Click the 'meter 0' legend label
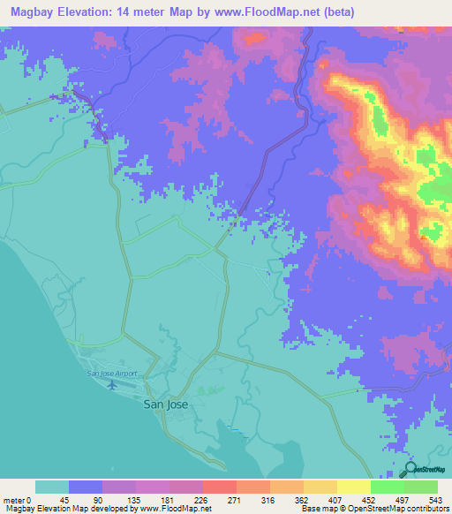pos(19,500)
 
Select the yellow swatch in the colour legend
pos(353,487)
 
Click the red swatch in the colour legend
pos(219,487)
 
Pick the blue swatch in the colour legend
pos(86,487)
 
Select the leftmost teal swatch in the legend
pos(52,487)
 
